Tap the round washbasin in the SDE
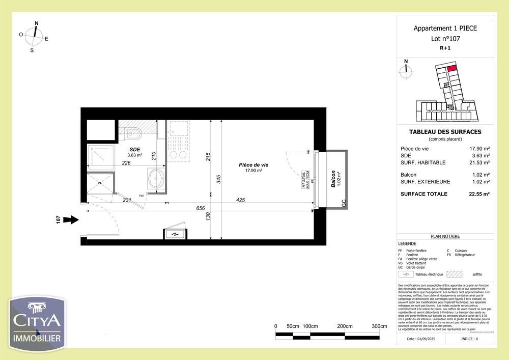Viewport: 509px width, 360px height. (x=156, y=179)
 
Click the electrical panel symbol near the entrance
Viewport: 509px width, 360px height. (x=175, y=234)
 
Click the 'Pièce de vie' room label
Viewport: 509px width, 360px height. (x=253, y=165)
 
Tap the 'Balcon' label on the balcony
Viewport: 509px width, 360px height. (x=333, y=179)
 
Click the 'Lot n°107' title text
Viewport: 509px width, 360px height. (x=445, y=38)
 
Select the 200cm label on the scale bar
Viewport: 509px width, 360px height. (x=345, y=326)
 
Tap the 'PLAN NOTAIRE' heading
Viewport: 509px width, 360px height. (x=445, y=236)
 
